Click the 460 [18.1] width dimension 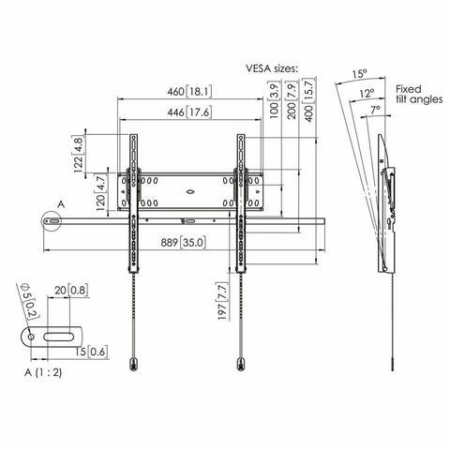point(188,92)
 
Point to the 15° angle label point(358,73)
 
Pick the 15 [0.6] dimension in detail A point(94,352)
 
